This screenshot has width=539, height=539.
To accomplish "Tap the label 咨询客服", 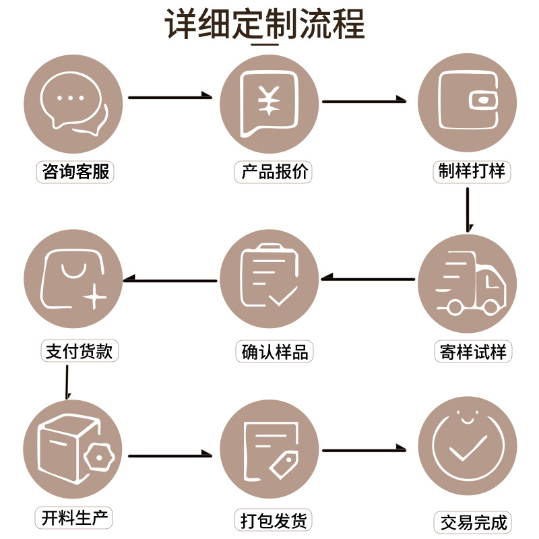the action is coord(74,172).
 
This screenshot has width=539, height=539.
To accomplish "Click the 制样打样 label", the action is coord(471,171).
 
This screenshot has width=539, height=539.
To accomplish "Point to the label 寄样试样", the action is coord(472,352).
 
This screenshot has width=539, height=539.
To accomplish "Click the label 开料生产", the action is coord(73,518).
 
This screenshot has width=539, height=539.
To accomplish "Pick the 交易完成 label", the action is coord(472,522).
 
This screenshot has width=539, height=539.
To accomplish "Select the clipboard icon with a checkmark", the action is coord(269,278).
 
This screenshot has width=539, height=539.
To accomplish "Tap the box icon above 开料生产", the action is coord(70,447).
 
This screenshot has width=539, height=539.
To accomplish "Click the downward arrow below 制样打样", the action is coord(468,210).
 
